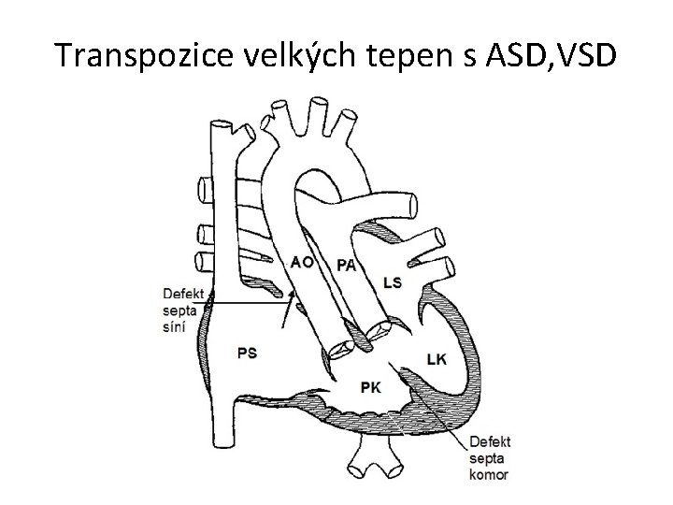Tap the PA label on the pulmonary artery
tap(346, 265)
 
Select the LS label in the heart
tap(394, 283)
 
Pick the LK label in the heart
tap(437, 358)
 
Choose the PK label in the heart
tap(370, 386)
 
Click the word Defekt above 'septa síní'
tap(182, 295)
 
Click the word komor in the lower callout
tap(489, 474)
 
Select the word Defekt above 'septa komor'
tap(490, 442)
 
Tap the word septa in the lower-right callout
tap(487, 458)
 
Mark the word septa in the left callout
tap(179, 310)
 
